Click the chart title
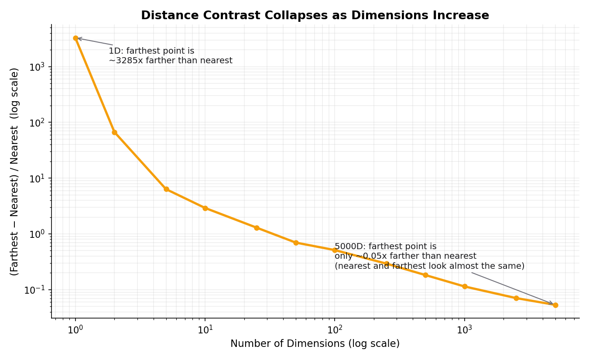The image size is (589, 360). (x=315, y=15)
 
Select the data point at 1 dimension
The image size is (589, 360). (x=76, y=38)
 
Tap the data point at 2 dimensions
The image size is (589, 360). (x=115, y=132)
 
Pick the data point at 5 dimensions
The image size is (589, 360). (x=166, y=189)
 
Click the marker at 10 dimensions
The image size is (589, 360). (x=205, y=208)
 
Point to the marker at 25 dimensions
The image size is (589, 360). (x=257, y=228)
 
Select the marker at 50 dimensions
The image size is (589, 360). (x=296, y=243)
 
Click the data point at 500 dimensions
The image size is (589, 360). (x=425, y=275)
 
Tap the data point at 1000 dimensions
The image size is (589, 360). (x=465, y=286)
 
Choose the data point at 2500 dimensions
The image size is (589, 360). (x=516, y=298)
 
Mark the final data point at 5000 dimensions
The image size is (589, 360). (x=555, y=305)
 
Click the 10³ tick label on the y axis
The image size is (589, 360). (x=36, y=67)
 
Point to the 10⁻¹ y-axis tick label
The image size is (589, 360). (x=34, y=290)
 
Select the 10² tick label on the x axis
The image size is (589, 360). (x=335, y=329)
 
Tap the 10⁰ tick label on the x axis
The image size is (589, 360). (x=76, y=329)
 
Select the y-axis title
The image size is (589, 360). (x=14, y=172)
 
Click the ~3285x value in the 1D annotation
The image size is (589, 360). (x=126, y=61)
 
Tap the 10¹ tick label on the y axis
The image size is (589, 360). (x=36, y=178)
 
